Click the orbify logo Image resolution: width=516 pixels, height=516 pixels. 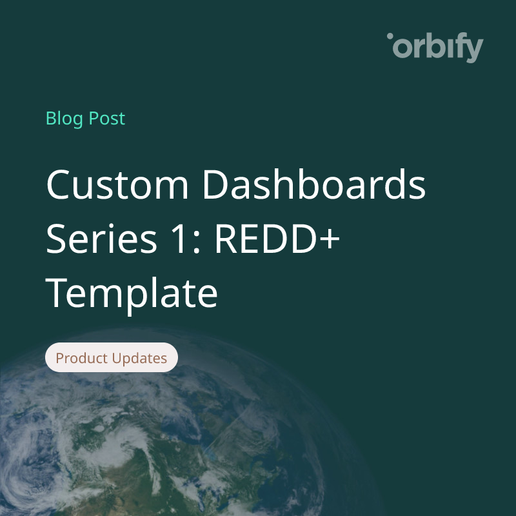(435, 48)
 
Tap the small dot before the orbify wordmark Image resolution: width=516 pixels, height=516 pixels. (390, 37)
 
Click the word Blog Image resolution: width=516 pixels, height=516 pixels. (63, 119)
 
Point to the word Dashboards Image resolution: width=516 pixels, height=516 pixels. (314, 185)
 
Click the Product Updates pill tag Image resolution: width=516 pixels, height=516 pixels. (111, 358)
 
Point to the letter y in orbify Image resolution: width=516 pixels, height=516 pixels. (473, 50)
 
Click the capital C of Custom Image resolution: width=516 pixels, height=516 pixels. (63, 185)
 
